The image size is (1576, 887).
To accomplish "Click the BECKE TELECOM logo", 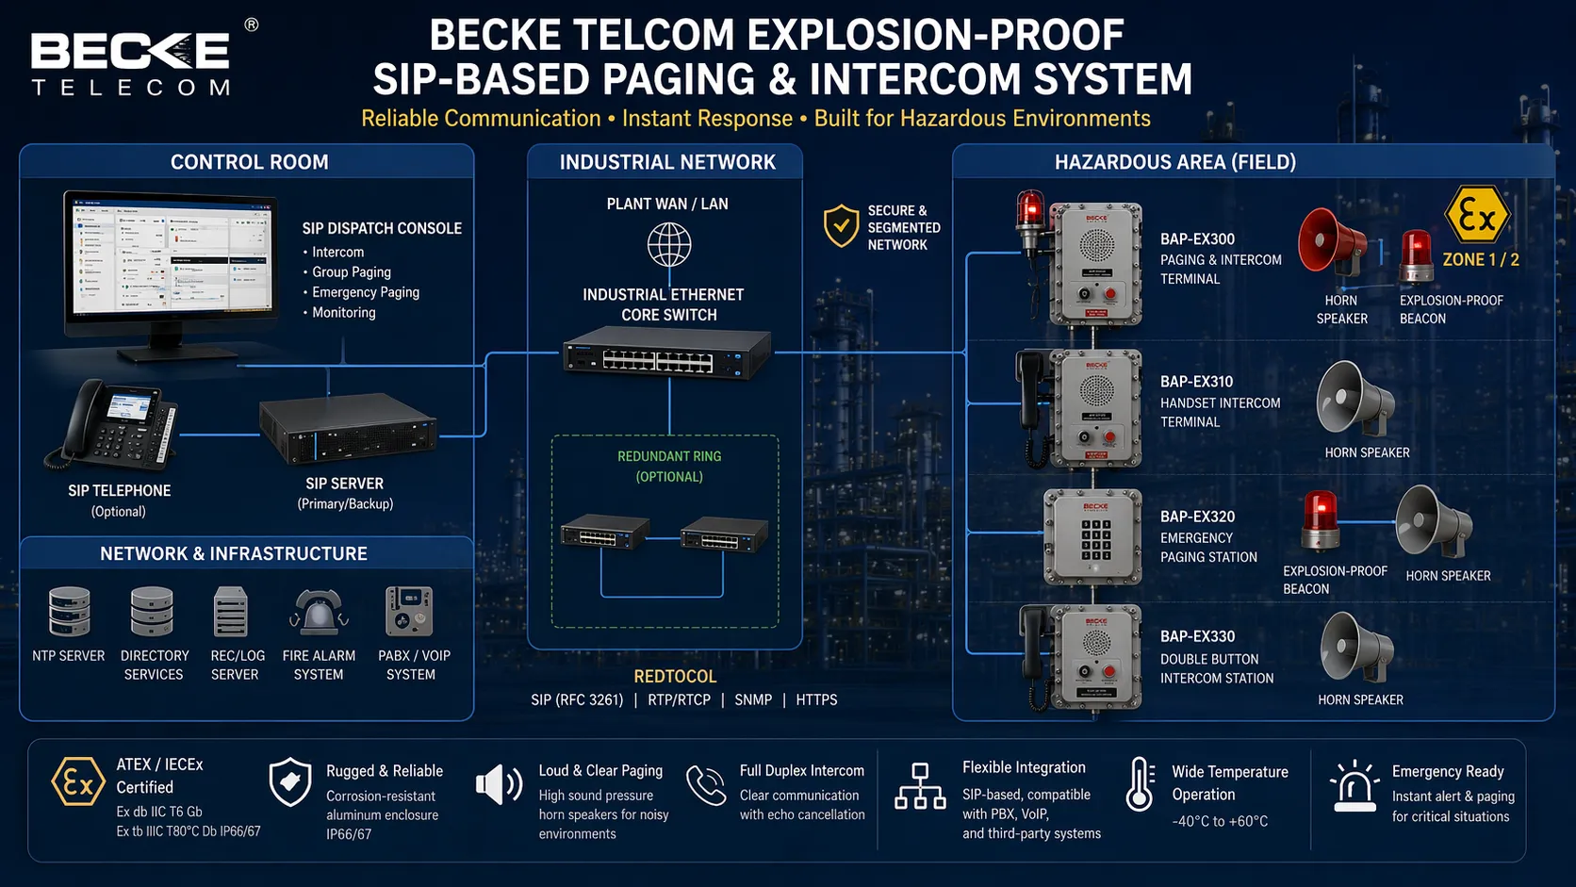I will (132, 62).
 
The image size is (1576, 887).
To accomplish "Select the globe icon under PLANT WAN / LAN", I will (668, 245).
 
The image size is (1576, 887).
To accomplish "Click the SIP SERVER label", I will (345, 484).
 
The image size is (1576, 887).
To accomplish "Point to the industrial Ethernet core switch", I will (667, 353).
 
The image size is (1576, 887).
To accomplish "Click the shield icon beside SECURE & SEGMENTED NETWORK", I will (841, 226).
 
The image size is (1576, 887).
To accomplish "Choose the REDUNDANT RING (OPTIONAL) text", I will (669, 466).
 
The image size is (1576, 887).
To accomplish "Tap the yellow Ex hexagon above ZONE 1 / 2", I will (1477, 216).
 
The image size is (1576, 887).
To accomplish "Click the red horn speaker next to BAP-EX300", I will (1331, 242).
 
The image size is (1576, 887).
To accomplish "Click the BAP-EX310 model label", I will (1196, 382).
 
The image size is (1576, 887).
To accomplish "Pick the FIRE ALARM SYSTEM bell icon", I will (319, 612).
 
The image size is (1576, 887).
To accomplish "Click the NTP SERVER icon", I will (69, 611).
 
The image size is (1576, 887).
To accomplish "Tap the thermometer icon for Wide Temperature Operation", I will (1140, 784).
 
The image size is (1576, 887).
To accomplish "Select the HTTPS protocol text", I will (816, 699).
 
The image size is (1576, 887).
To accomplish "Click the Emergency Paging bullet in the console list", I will (365, 292).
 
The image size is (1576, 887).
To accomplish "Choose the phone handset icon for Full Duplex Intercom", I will (706, 785).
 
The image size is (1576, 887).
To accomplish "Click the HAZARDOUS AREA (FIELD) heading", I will (1174, 162).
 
